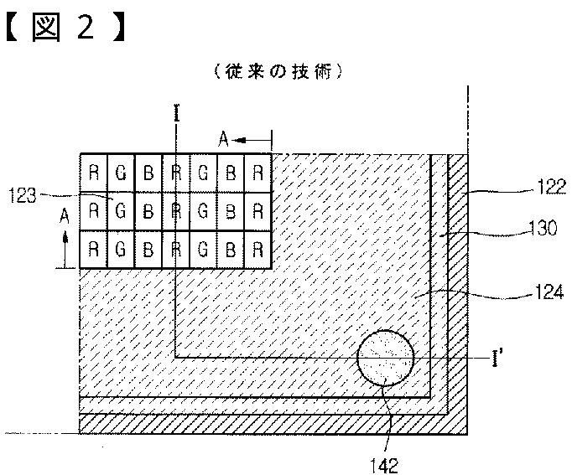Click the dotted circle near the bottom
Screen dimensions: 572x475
click(385, 358)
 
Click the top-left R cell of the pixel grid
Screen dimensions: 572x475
click(94, 171)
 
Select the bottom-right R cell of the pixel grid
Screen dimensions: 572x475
click(259, 249)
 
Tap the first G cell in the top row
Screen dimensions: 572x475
click(121, 171)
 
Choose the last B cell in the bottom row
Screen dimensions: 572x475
click(232, 249)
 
